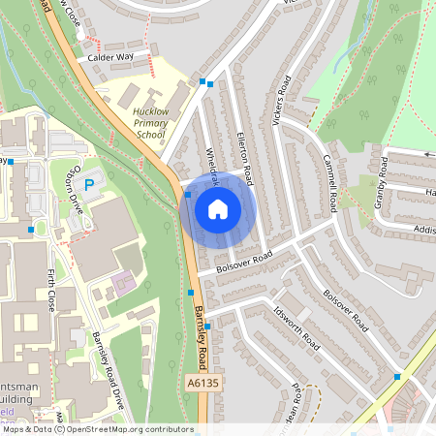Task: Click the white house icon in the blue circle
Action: pyautogui.click(x=218, y=209)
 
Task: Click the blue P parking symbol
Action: pyautogui.click(x=89, y=184)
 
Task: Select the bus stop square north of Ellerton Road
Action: pyautogui.click(x=202, y=82)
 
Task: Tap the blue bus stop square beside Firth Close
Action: pyautogui.click(x=32, y=230)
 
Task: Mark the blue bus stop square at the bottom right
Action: pyautogui.click(x=397, y=376)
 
